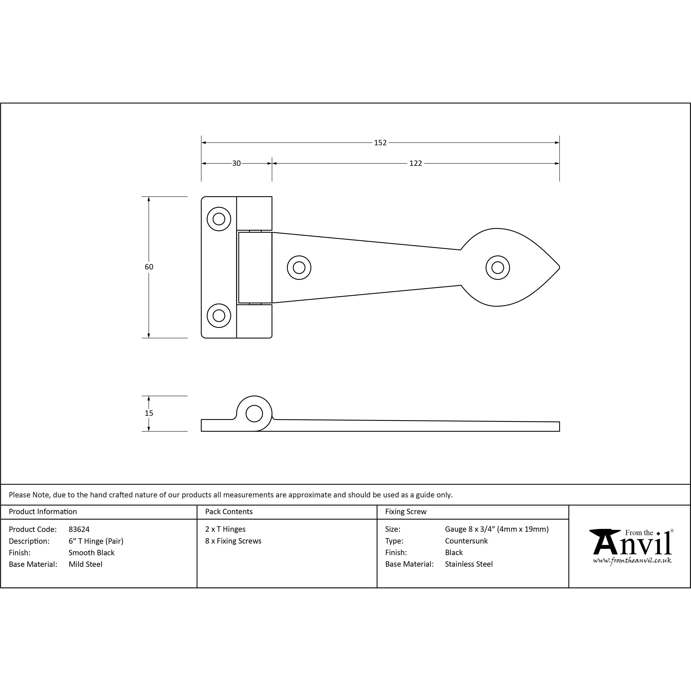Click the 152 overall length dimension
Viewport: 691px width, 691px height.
point(380,143)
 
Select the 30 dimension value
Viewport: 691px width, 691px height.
point(236,163)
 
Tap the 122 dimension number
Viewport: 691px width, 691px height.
point(416,163)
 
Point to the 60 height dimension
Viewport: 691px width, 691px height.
point(149,267)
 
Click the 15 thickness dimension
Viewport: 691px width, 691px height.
point(149,413)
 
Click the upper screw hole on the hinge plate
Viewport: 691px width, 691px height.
point(219,219)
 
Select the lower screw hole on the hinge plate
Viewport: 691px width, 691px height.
point(219,315)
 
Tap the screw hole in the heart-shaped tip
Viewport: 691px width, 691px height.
point(498,267)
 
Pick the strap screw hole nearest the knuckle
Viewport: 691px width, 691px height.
point(299,267)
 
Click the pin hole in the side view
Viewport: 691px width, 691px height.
point(254,414)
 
